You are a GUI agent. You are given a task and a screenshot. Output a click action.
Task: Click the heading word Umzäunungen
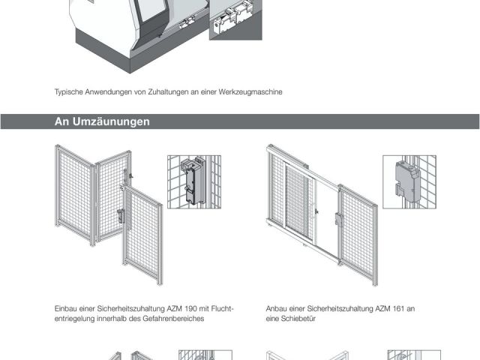click(111, 121)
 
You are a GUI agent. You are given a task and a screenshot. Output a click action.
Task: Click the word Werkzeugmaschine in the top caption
click(250, 91)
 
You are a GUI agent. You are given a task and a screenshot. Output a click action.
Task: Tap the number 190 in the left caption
click(190, 308)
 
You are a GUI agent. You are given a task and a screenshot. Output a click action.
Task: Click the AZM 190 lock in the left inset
click(192, 181)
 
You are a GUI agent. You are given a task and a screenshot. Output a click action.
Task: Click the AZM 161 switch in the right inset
click(408, 182)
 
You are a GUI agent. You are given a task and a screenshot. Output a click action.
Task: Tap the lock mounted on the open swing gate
click(121, 216)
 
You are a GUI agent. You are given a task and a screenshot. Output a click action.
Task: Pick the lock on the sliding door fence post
click(339, 220)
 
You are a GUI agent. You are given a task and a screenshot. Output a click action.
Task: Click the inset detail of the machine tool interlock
click(235, 20)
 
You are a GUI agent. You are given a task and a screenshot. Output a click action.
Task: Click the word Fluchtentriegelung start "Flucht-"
click(223, 308)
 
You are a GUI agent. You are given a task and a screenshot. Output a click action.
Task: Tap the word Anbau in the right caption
click(277, 308)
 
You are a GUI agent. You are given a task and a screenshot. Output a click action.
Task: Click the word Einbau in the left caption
click(65, 308)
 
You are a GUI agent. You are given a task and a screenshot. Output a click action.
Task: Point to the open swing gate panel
click(142, 235)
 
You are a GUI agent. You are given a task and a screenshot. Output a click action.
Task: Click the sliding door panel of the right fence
click(298, 202)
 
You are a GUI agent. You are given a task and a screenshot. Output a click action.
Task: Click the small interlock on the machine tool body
click(187, 23)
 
